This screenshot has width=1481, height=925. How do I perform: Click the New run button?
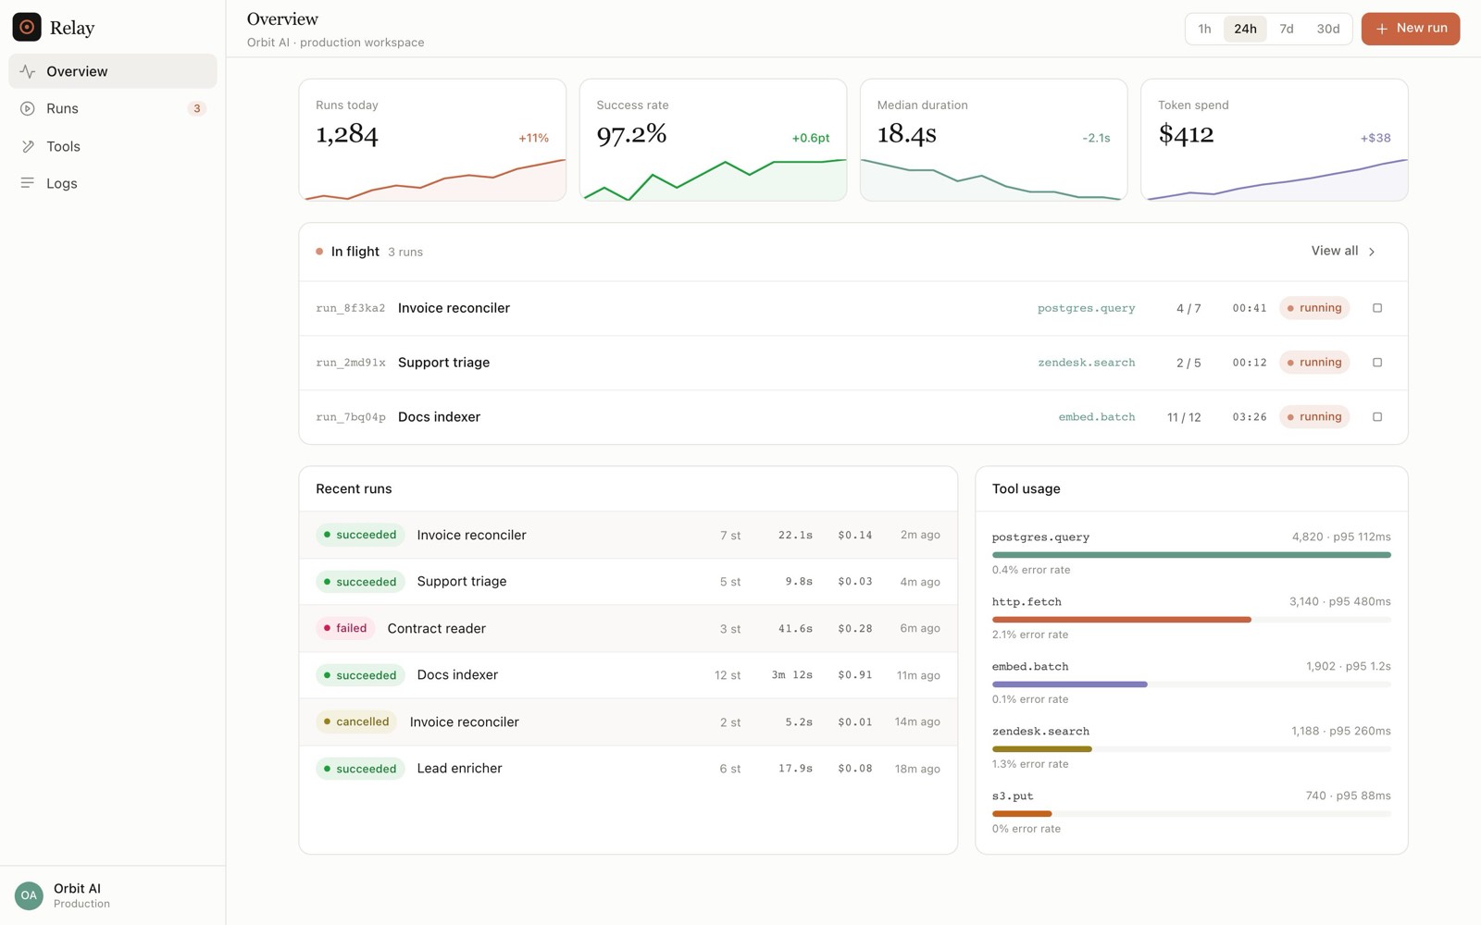click(x=1411, y=29)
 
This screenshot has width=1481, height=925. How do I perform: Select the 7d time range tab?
click(x=1286, y=29)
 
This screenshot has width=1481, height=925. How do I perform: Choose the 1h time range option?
click(x=1204, y=29)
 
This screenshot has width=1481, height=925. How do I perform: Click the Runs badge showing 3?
click(x=196, y=108)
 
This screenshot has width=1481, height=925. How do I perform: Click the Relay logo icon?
click(x=27, y=27)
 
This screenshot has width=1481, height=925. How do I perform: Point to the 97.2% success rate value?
click(x=631, y=134)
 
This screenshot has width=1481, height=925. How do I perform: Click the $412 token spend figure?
click(x=1186, y=134)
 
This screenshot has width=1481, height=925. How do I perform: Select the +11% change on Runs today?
click(x=533, y=138)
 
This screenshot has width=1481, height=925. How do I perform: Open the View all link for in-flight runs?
click(x=1343, y=251)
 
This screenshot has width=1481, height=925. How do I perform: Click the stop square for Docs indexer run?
click(x=1377, y=417)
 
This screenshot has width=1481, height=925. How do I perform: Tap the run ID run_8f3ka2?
click(x=351, y=308)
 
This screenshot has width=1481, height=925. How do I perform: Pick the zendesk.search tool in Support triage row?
click(x=1087, y=362)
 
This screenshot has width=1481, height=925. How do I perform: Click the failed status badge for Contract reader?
click(x=345, y=628)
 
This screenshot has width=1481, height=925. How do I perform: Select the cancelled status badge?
click(x=356, y=721)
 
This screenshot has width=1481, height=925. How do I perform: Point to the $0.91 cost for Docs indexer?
click(x=855, y=674)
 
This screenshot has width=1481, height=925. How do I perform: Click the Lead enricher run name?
click(x=459, y=769)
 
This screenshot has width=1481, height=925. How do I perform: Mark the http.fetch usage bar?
click(x=1121, y=620)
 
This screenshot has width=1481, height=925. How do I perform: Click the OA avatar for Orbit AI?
click(x=29, y=895)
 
